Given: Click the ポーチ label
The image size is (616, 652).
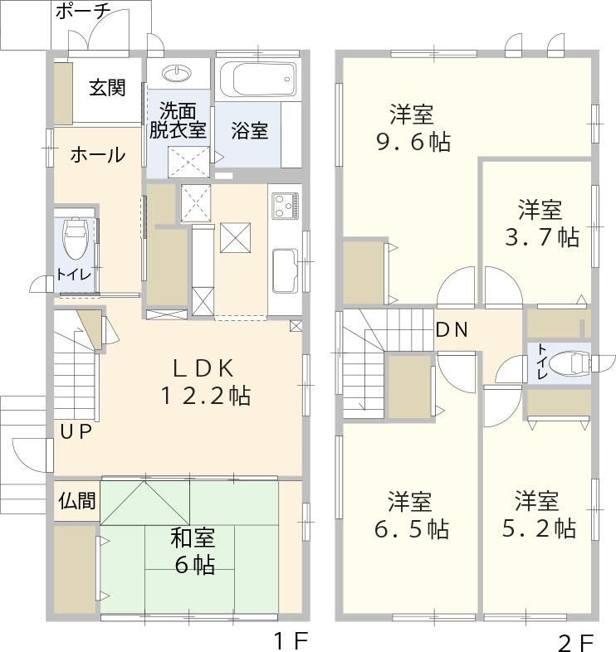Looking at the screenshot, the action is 83,12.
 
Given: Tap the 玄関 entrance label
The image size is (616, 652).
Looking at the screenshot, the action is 107,88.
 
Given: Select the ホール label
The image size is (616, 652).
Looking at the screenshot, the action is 98,154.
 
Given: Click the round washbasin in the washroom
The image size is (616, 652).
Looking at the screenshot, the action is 177,74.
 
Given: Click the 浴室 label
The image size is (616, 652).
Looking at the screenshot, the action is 250,130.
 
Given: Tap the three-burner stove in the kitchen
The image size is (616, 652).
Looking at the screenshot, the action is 286,206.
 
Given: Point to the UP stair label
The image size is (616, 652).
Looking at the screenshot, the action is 76,432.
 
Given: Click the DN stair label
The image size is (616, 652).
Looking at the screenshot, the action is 452,330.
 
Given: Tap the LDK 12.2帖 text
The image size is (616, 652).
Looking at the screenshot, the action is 205,382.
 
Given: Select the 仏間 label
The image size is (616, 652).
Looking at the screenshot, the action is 77,500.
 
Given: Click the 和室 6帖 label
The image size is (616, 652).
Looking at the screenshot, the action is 193,551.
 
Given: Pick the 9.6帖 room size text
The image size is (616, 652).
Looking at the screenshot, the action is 413,142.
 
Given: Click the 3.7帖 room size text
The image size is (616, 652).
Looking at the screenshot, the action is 542,237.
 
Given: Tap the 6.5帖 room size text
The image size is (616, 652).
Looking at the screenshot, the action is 412,529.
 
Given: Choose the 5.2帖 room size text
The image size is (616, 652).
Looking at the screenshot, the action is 540,528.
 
